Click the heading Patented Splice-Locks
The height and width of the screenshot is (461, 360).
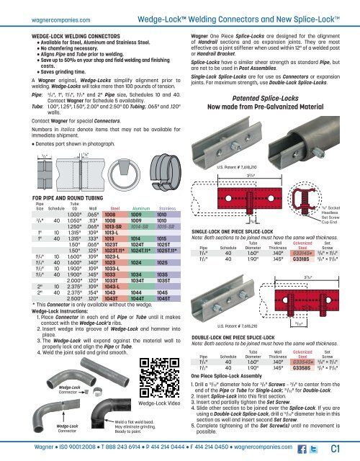click(277, 56)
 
